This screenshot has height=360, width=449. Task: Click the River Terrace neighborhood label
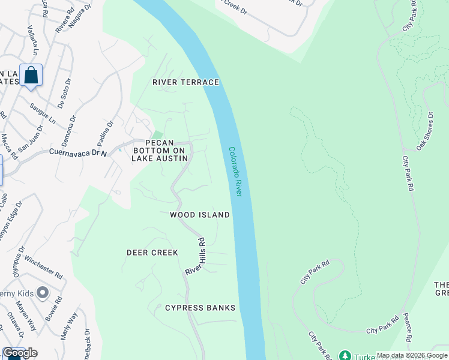pyautogui.click(x=185, y=82)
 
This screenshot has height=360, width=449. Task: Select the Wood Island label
pyautogui.click(x=200, y=215)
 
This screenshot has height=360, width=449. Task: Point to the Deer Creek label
pyautogui.click(x=152, y=253)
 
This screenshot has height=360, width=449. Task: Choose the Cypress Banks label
pyautogui.click(x=200, y=308)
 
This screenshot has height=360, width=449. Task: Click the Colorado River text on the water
pyautogui.click(x=235, y=172)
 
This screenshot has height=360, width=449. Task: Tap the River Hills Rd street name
pyautogui.click(x=196, y=256)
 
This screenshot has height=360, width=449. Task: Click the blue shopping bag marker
pyautogui.click(x=31, y=76)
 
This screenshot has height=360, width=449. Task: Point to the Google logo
pyautogui.click(x=20, y=353)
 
